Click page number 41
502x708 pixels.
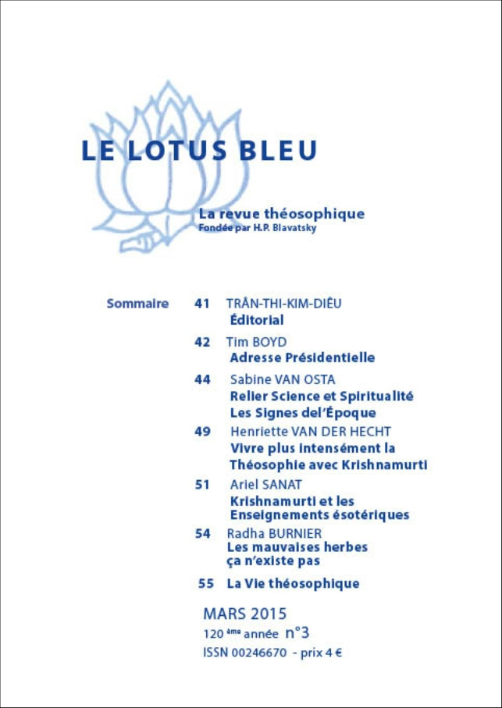click(202, 303)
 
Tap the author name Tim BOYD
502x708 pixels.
click(256, 342)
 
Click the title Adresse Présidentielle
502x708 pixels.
click(302, 358)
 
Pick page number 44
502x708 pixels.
click(202, 379)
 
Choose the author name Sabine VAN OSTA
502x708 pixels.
click(283, 379)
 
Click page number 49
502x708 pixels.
click(202, 431)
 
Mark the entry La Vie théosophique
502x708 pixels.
click(293, 583)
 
